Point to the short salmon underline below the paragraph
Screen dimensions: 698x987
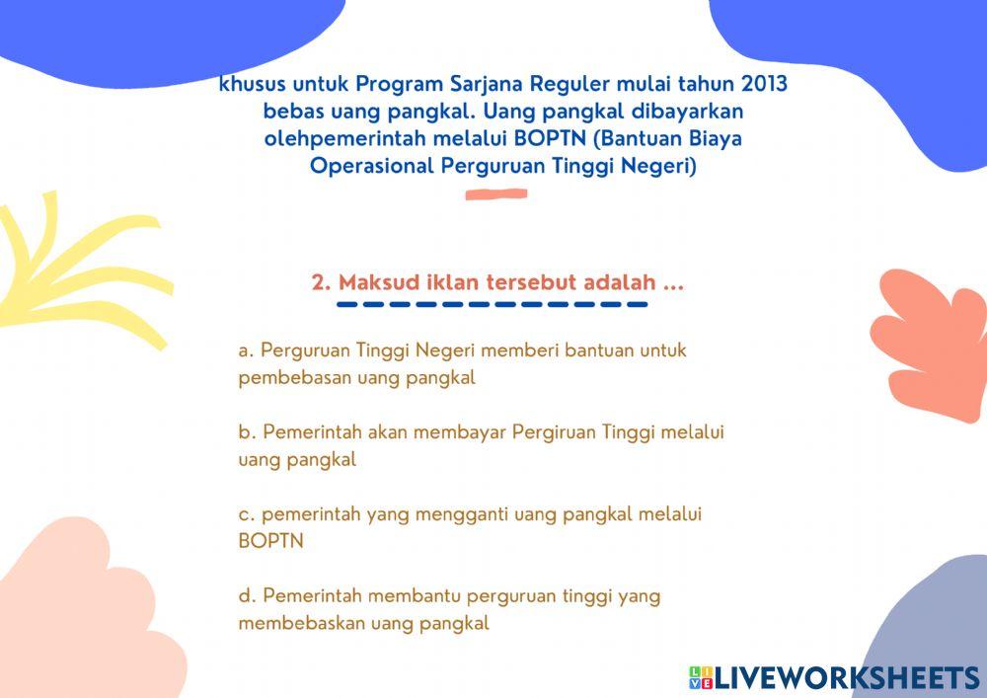pos(495,194)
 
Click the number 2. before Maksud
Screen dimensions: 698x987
pos(321,282)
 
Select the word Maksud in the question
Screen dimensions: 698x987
pos(372,282)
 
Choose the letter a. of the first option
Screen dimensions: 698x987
pos(247,350)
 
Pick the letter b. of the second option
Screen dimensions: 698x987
pos(247,432)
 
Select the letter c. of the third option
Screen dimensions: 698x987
pos(247,514)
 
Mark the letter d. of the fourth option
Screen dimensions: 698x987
pos(247,595)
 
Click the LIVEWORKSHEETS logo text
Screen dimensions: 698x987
pos(845,677)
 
